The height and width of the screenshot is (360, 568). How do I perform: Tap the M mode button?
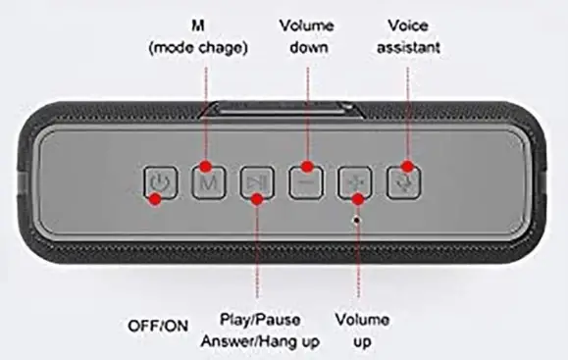[x=208, y=181]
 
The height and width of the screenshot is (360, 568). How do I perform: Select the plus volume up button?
[x=355, y=182]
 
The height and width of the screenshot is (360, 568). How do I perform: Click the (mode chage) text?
[x=206, y=46]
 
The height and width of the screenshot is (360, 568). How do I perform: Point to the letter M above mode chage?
[x=206, y=22]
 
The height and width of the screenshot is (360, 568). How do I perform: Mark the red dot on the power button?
[x=153, y=200]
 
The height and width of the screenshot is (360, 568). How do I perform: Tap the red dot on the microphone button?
[x=406, y=167]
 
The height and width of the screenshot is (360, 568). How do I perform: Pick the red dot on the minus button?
[x=307, y=165]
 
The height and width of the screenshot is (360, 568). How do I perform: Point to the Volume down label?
[x=307, y=36]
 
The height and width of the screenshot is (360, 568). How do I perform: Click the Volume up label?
[x=361, y=330]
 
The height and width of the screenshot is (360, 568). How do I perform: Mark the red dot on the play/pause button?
[x=257, y=199]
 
